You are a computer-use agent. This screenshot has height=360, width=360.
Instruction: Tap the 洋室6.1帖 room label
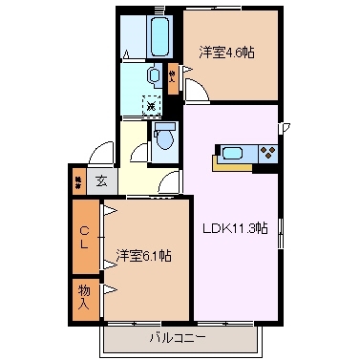(x=144, y=255)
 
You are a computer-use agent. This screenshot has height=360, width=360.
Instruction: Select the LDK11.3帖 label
(x=233, y=227)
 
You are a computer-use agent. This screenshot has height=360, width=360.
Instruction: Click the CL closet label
(x=85, y=236)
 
